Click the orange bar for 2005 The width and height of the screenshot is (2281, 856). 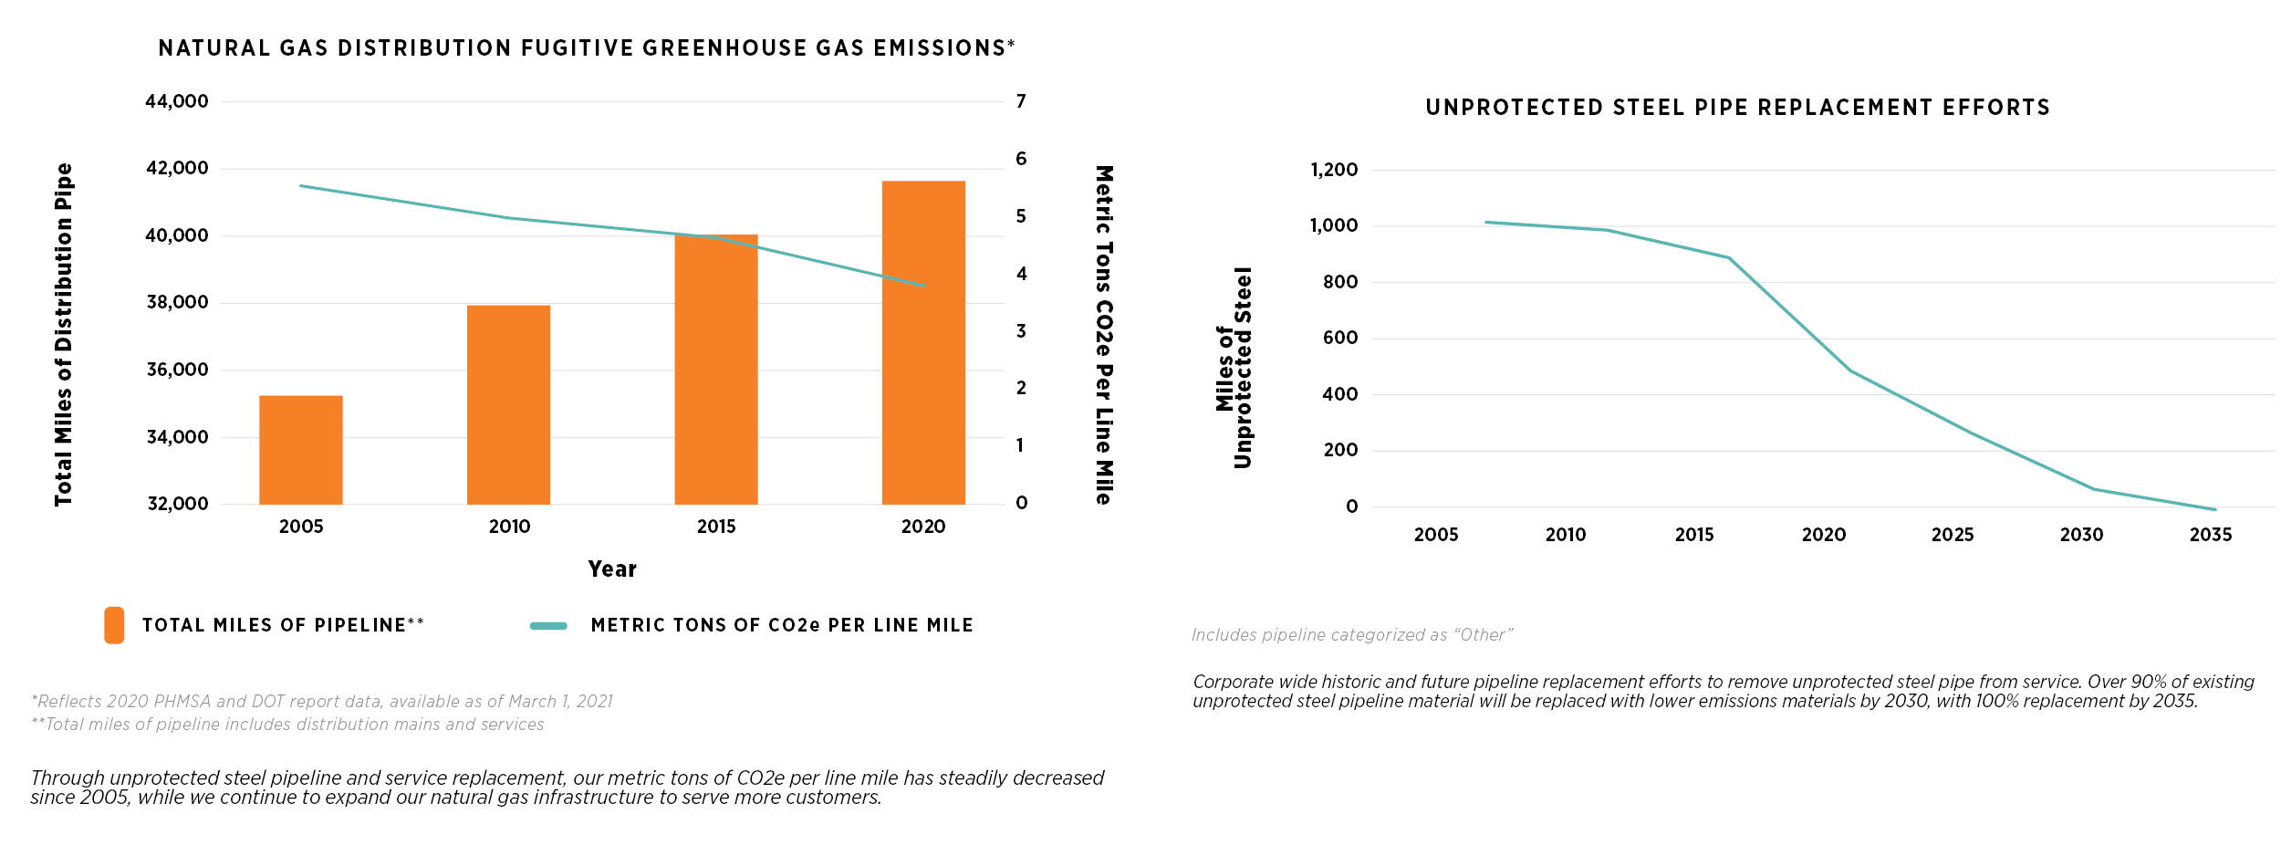pos(301,450)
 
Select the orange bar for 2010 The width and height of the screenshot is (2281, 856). pos(508,405)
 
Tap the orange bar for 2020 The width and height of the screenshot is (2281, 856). pos(923,343)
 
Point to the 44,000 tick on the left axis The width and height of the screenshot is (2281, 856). pos(177,101)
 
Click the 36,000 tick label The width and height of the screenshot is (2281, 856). pos(177,370)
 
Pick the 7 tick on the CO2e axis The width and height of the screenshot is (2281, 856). pos(1021,101)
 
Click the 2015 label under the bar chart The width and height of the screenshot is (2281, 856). pos(716,527)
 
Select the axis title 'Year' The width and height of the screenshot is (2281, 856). pos(612,569)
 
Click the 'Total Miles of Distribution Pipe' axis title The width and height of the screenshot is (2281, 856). pos(63,334)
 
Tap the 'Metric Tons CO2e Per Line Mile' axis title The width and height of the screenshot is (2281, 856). pos(1104,335)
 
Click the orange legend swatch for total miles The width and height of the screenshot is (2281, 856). pos(114,625)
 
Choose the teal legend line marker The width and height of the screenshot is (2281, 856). pos(548,626)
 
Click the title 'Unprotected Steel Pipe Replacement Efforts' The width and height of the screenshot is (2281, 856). pos(1737,108)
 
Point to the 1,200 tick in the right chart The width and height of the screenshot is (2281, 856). pos(1334,170)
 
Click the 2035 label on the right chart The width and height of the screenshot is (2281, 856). pos(2211,535)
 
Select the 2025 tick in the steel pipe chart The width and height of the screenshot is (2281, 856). pos(1953,535)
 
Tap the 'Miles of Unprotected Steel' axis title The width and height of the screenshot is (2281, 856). pos(1234,368)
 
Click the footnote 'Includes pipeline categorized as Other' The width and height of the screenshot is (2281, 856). pos(1352,635)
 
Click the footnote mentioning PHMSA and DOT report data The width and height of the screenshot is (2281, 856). pos(322,701)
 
